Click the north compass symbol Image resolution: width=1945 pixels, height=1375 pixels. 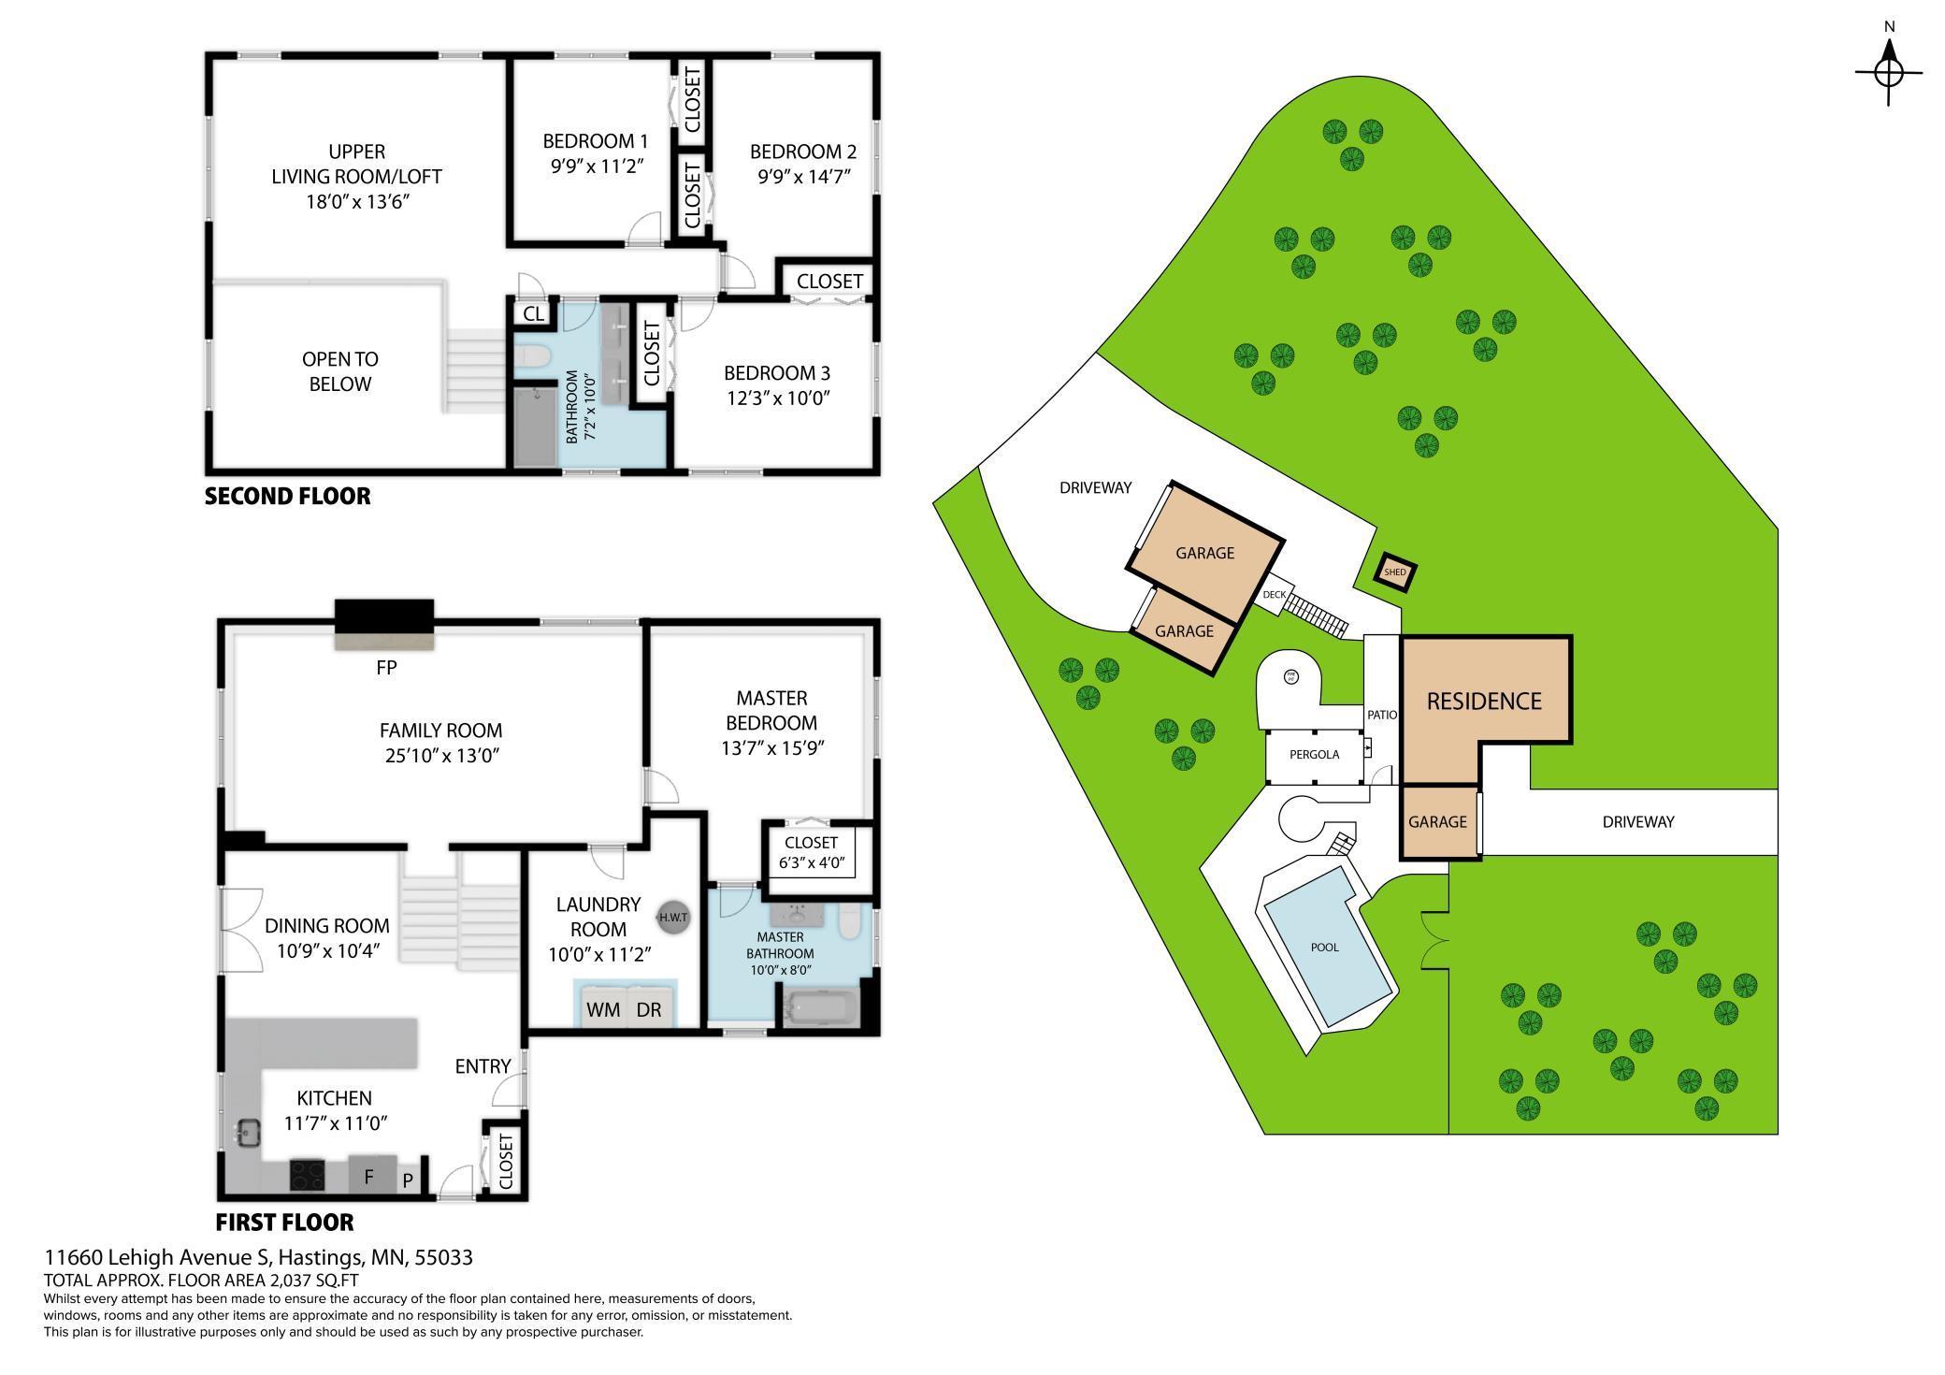pyautogui.click(x=1888, y=71)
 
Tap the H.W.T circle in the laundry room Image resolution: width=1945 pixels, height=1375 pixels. pyautogui.click(x=673, y=918)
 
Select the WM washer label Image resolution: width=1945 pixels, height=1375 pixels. pyautogui.click(x=603, y=1009)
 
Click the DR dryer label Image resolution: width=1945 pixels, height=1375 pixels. pyautogui.click(x=649, y=1009)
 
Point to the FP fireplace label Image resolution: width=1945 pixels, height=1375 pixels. pyautogui.click(x=386, y=667)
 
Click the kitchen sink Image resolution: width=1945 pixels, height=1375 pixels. pyautogui.click(x=249, y=1133)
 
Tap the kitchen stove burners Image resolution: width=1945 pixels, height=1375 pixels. pyautogui.click(x=307, y=1175)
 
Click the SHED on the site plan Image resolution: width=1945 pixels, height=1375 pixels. pyautogui.click(x=1394, y=572)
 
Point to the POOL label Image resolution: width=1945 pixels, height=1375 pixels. pyautogui.click(x=1324, y=948)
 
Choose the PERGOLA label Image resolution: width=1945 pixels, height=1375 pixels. pyautogui.click(x=1315, y=755)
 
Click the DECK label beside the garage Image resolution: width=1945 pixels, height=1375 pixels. pyautogui.click(x=1274, y=595)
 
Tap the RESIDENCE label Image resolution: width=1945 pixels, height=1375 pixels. pyautogui.click(x=1484, y=701)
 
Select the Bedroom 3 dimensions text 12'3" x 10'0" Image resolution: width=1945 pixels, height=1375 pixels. pyautogui.click(x=778, y=398)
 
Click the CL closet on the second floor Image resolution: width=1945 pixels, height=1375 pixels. pyautogui.click(x=533, y=313)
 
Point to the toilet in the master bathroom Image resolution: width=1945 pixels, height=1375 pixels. pyautogui.click(x=849, y=920)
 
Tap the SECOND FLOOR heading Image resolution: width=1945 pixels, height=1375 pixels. pyautogui.click(x=288, y=497)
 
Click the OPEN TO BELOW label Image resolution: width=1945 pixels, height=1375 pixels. pyautogui.click(x=340, y=371)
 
